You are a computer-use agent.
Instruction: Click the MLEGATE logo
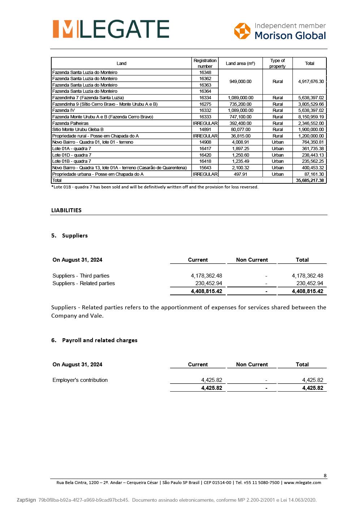click(111, 29)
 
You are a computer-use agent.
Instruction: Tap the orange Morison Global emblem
click(242, 31)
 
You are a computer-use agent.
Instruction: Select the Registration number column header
click(205, 63)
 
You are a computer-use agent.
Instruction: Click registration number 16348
click(205, 73)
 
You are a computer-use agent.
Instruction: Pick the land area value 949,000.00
click(240, 82)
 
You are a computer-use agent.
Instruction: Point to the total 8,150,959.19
click(311, 117)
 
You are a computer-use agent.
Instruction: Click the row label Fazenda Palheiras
click(70, 123)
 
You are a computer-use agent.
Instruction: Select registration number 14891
click(205, 130)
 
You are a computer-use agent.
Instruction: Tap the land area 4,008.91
click(240, 142)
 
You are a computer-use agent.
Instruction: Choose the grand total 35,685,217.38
click(310, 180)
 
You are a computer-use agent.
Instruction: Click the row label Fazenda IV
click(64, 110)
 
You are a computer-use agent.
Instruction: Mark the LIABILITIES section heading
click(66, 210)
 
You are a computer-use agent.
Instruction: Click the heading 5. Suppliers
click(69, 236)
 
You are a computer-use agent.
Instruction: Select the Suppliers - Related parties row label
click(84, 283)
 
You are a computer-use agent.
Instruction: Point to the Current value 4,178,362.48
click(206, 276)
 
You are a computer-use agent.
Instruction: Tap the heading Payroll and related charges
click(100, 340)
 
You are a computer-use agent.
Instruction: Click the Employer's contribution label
click(80, 380)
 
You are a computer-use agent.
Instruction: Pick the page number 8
click(325, 476)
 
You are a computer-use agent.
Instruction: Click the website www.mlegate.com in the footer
click(303, 483)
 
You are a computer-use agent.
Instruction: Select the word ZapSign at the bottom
click(26, 500)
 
